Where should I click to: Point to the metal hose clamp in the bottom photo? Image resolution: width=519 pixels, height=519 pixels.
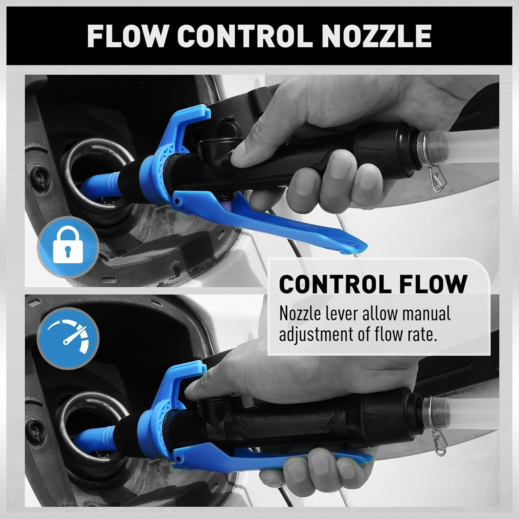coord(429,432)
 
